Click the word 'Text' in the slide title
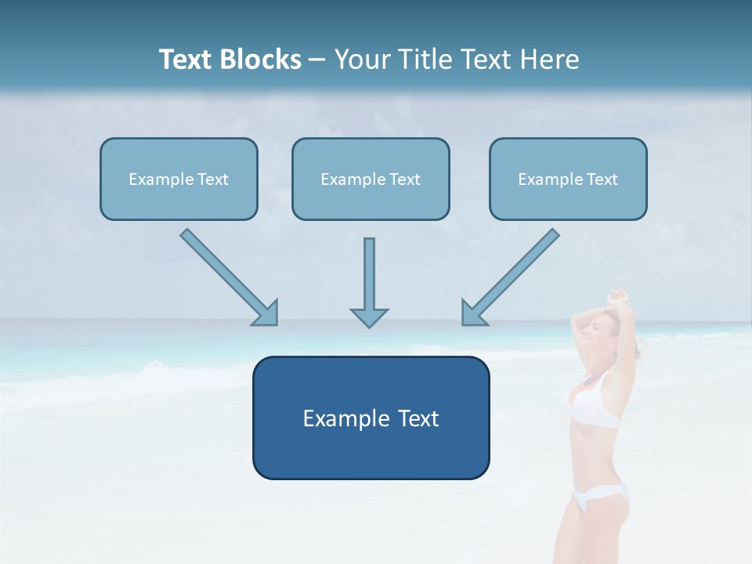(x=186, y=60)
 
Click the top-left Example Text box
(x=179, y=179)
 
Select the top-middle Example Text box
(x=371, y=179)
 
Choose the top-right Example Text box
(x=568, y=179)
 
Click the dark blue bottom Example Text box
(x=371, y=418)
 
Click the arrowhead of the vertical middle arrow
(x=369, y=317)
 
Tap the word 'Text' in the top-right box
(x=602, y=179)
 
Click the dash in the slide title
(x=317, y=60)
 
